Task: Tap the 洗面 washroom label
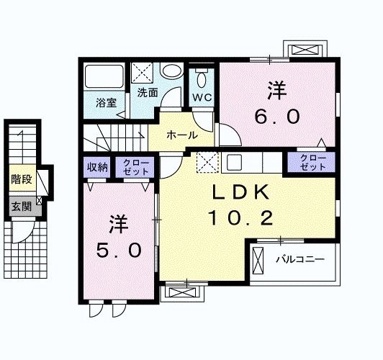click(x=148, y=93)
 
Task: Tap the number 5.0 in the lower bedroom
click(x=120, y=251)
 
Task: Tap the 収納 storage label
click(x=98, y=168)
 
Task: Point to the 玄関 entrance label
click(x=20, y=206)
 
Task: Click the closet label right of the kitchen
click(x=312, y=162)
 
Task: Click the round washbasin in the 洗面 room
click(x=171, y=73)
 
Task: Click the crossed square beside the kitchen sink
click(x=207, y=162)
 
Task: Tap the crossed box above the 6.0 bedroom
click(x=306, y=50)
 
